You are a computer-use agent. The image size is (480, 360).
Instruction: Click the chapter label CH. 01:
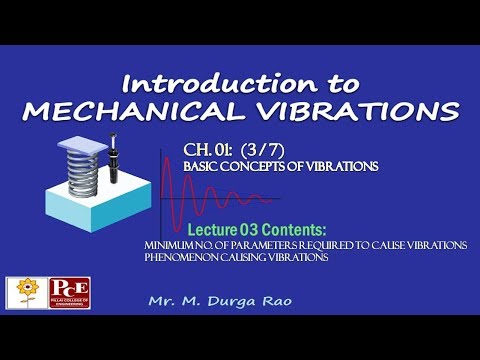(208, 151)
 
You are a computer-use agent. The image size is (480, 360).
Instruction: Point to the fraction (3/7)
(262, 151)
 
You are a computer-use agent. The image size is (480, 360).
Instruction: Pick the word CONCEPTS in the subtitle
(254, 167)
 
